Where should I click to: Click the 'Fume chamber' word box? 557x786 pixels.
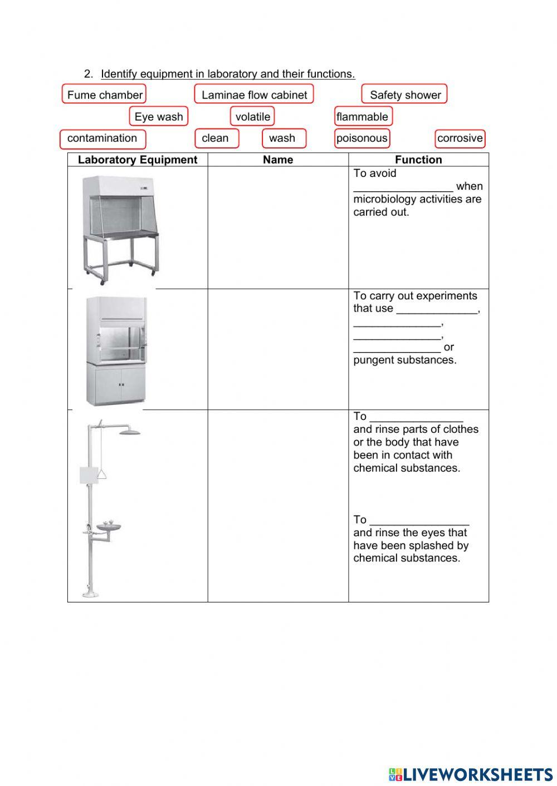pos(104,95)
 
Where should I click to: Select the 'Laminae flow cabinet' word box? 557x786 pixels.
pos(254,95)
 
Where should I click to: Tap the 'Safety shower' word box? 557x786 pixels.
pos(405,95)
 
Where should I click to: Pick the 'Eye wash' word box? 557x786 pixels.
pos(159,117)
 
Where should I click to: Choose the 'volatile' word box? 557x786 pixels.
pos(252,117)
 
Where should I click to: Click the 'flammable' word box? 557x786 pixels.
pos(363,117)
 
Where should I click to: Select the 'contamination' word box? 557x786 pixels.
pos(102,139)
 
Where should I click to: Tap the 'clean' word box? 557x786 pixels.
pos(216,139)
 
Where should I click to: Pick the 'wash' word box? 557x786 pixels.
pos(284,139)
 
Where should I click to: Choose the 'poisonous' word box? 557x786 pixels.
pos(362,139)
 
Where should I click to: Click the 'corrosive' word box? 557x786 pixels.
pos(460,139)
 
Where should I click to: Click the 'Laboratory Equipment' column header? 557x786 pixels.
pos(138,160)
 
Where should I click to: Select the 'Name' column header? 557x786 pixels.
pos(278,160)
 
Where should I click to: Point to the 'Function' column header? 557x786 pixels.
pos(418,160)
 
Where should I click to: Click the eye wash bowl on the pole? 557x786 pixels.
pos(108,526)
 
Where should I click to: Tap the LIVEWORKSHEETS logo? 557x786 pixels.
pos(471,774)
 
